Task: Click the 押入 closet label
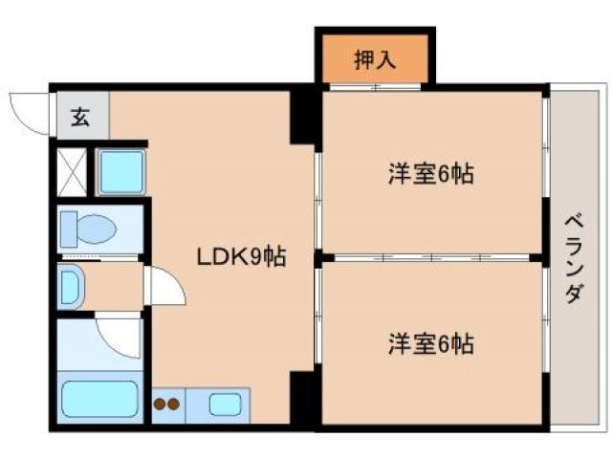(376, 60)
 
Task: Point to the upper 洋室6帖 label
(432, 175)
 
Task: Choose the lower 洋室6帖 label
(432, 342)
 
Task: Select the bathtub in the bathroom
(99, 400)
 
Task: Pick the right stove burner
(175, 404)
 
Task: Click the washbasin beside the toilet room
(72, 287)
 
